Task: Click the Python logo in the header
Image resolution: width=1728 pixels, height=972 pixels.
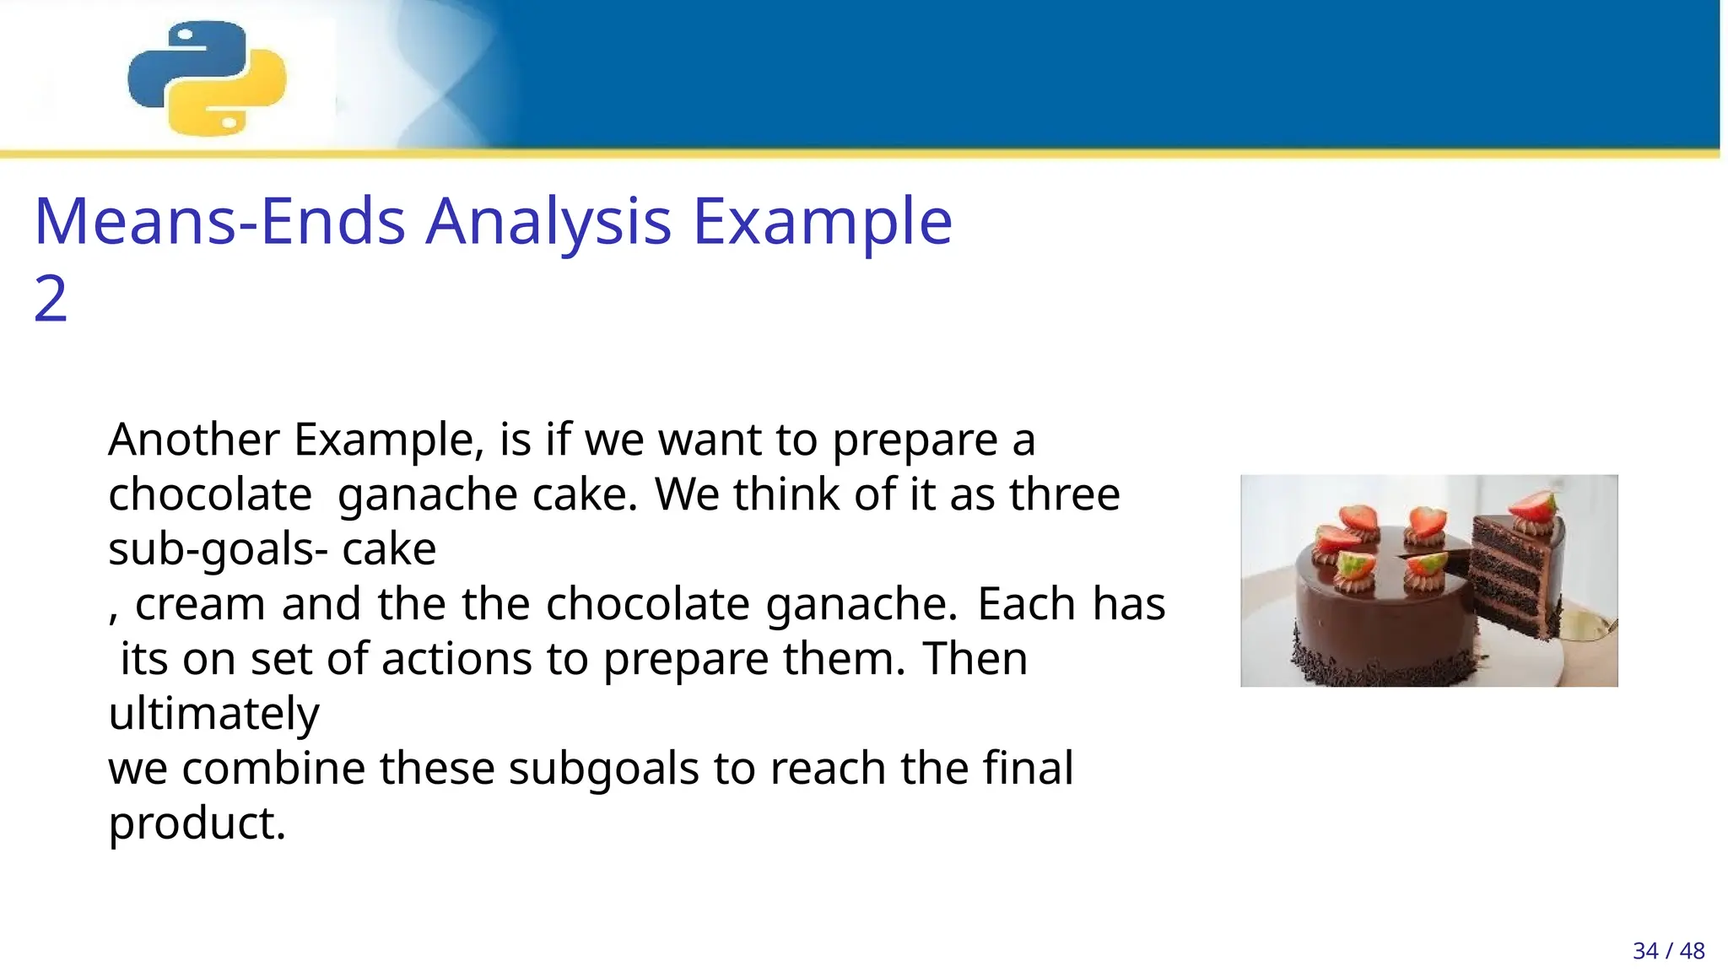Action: click(x=207, y=78)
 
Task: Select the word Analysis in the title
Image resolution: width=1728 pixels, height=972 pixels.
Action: click(x=548, y=221)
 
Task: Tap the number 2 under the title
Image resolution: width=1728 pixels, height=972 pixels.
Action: click(x=51, y=299)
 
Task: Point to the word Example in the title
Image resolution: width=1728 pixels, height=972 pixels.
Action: click(x=822, y=221)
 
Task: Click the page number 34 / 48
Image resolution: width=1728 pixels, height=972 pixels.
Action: click(x=1668, y=951)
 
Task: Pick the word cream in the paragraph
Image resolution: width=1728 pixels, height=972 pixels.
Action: click(x=200, y=604)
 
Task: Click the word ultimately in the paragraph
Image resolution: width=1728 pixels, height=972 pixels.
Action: click(x=214, y=714)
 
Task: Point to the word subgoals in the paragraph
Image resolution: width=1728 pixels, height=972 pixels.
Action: click(x=603, y=769)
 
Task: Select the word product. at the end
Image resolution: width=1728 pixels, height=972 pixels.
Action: click(x=197, y=823)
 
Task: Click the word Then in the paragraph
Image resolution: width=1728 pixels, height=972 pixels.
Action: click(x=975, y=659)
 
